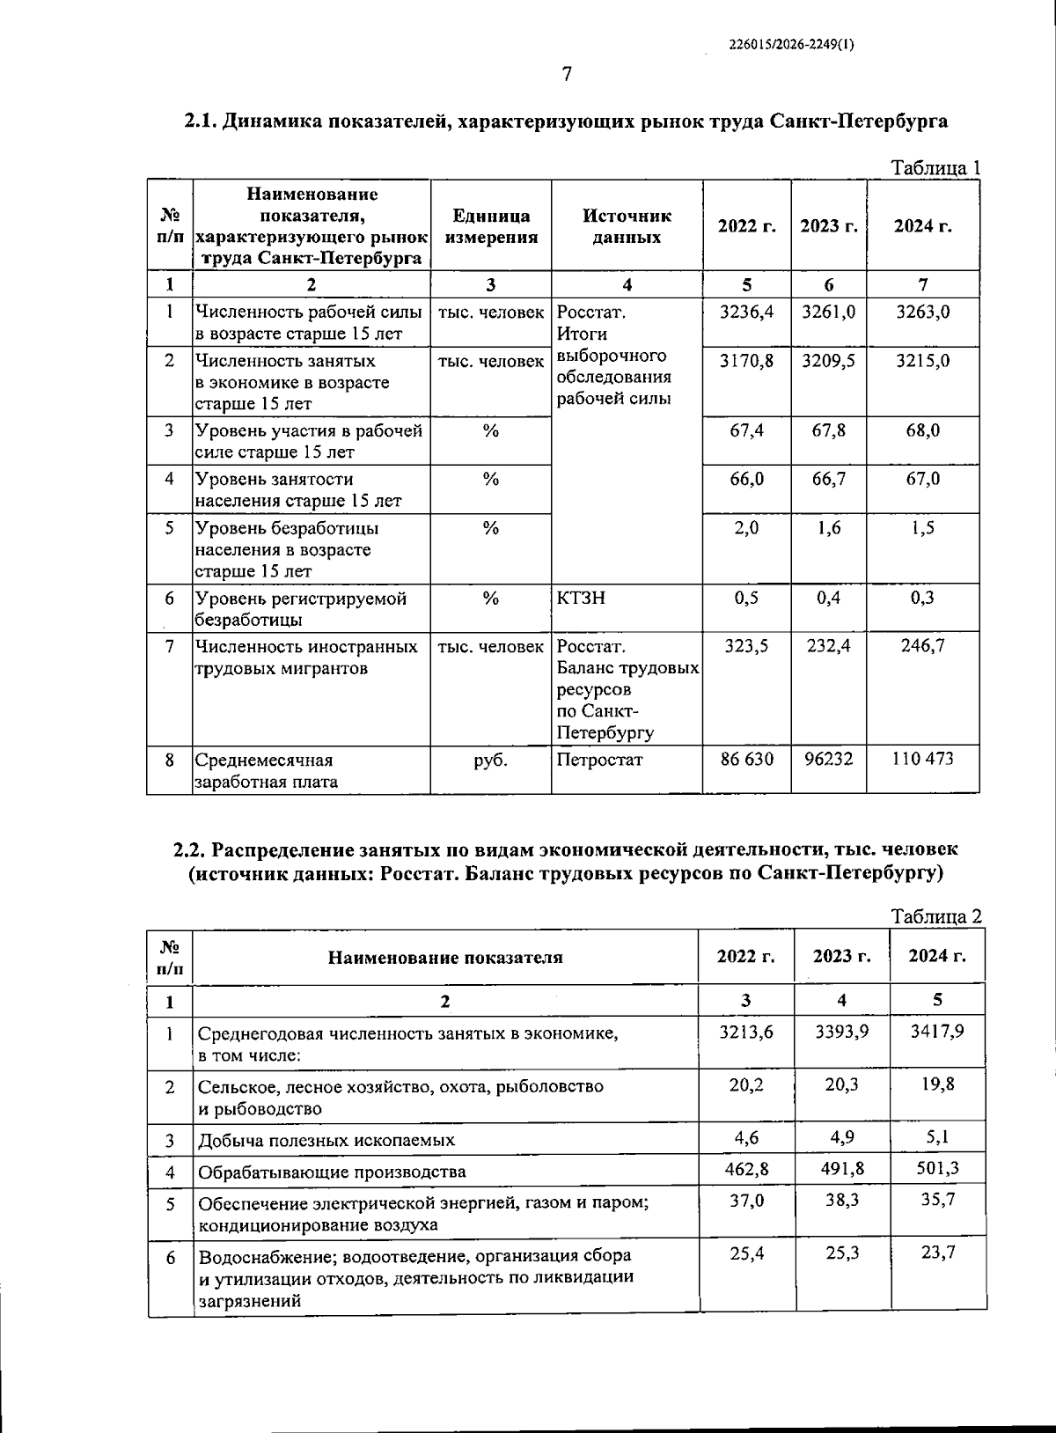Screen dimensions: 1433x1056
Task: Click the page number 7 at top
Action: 567,75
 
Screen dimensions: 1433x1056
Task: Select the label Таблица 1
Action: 936,168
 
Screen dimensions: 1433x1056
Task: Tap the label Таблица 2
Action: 936,916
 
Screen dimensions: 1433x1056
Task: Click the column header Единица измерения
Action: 491,226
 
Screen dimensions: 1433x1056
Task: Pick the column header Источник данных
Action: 627,226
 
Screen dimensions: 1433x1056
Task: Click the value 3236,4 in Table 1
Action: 746,312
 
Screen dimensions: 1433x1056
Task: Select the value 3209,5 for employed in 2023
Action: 828,361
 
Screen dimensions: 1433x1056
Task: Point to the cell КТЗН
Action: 581,599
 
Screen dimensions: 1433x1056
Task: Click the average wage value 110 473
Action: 922,759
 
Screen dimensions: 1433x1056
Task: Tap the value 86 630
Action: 746,759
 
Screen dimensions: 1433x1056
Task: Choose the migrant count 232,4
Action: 828,646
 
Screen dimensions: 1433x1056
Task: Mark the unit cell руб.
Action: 490,759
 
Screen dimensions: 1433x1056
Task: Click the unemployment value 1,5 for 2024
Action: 922,527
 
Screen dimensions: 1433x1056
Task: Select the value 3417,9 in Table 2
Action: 937,1031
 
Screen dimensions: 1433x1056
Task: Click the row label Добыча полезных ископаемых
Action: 326,1141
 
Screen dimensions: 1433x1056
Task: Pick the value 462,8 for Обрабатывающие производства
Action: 745,1169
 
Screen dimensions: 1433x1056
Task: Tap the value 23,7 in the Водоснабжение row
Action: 937,1253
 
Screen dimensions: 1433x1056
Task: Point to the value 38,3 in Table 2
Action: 841,1200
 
